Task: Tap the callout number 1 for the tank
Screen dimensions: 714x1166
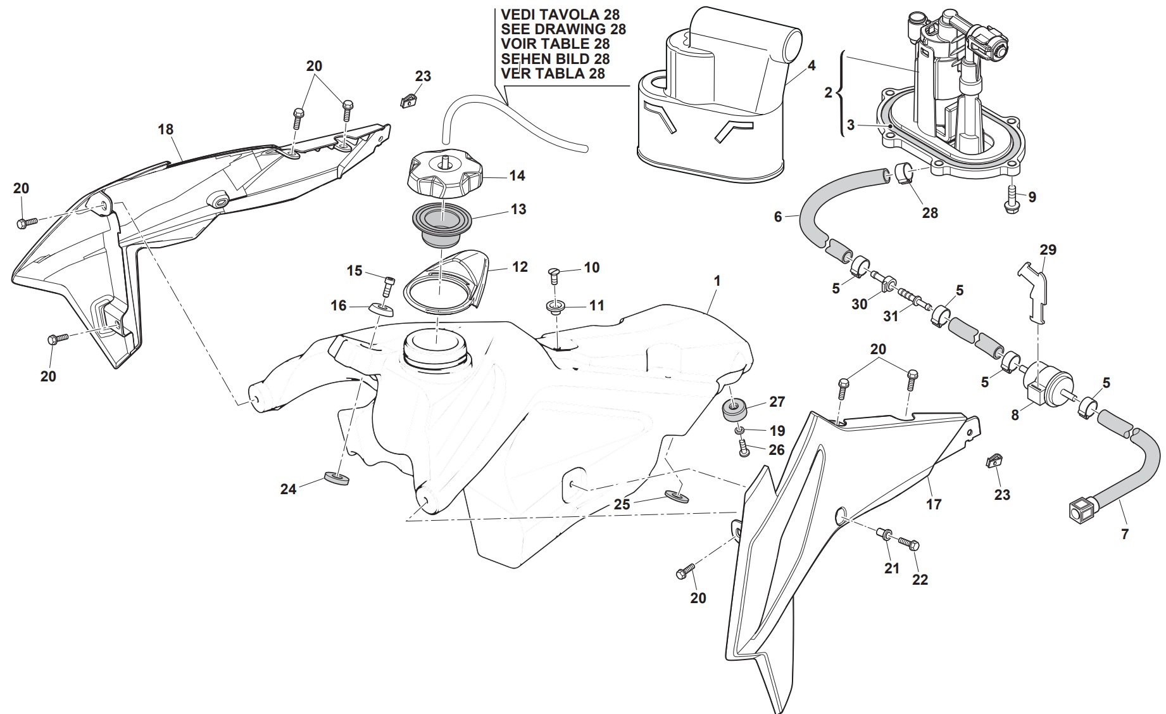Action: coord(717,281)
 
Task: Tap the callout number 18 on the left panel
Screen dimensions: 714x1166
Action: coord(165,130)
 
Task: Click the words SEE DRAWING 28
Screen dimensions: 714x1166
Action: coord(563,29)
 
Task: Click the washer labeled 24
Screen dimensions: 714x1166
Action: coord(336,478)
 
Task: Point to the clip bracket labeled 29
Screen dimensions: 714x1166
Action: coord(1034,291)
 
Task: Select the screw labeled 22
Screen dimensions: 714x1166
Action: coord(907,544)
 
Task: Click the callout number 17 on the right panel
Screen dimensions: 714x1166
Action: coord(934,504)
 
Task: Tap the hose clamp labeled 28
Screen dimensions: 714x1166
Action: coord(903,175)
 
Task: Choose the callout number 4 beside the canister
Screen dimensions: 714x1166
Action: coord(812,65)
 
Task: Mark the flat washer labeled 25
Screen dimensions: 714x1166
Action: coord(676,494)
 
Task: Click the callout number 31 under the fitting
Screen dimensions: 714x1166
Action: coord(890,316)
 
